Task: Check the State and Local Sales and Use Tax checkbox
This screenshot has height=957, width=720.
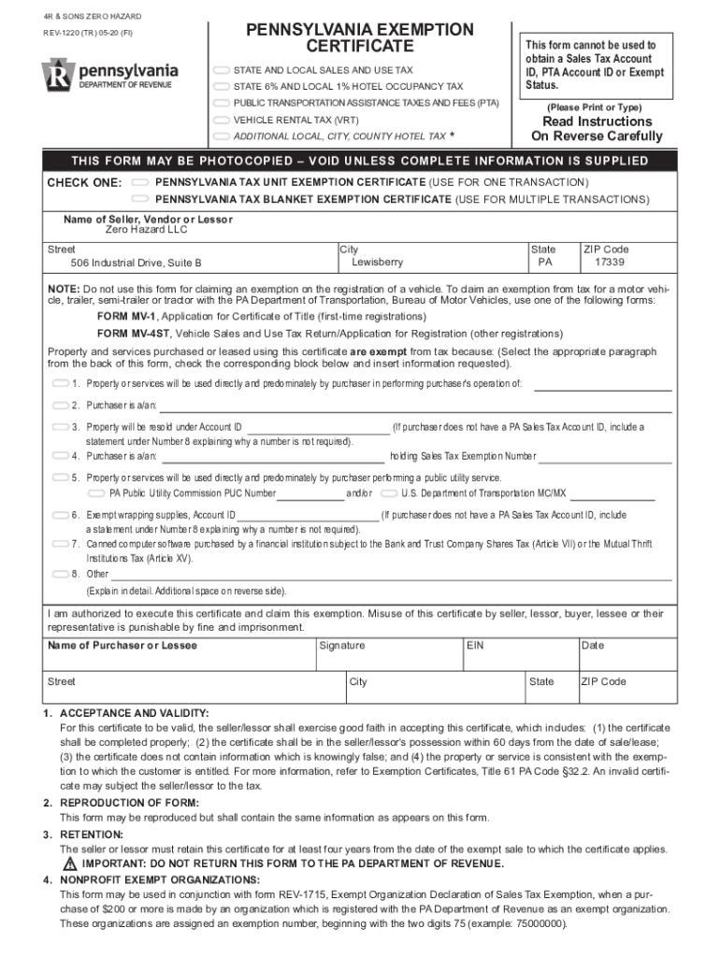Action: click(222, 70)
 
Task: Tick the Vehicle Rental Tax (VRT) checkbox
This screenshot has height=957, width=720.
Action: click(222, 121)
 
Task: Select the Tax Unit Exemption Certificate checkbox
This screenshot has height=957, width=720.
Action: click(142, 181)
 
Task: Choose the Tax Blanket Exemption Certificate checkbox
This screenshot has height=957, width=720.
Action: click(142, 199)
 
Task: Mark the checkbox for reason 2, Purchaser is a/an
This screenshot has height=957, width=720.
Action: click(61, 406)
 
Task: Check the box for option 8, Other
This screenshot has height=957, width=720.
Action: click(61, 574)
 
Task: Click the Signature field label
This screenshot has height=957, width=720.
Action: click(342, 646)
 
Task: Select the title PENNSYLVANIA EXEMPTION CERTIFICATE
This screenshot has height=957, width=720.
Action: click(360, 38)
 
